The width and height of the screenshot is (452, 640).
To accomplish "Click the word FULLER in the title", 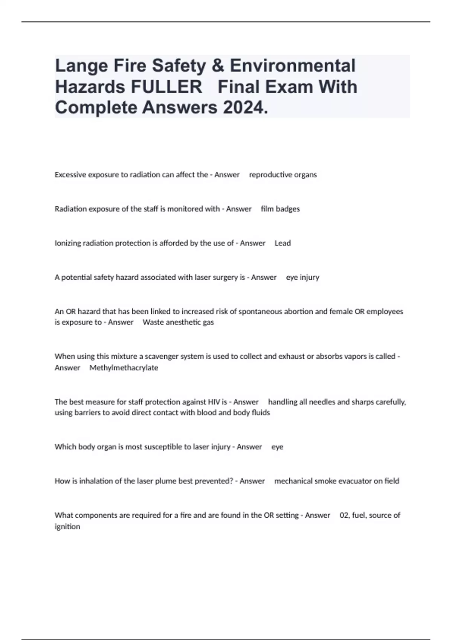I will coord(166,87).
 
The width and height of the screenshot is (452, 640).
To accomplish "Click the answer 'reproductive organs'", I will coord(283,175).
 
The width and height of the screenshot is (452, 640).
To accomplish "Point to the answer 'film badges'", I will coord(280,209).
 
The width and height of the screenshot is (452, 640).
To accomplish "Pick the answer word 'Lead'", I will coord(282,243).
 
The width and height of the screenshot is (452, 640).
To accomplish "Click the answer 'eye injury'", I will coord(302,277).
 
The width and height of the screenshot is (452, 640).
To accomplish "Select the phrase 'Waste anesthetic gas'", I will coord(178,322).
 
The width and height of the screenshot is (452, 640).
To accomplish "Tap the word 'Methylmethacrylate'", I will coord(124,368).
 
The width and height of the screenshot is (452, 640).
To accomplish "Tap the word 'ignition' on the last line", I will coord(67,527).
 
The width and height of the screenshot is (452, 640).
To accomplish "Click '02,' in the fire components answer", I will coord(345,515).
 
